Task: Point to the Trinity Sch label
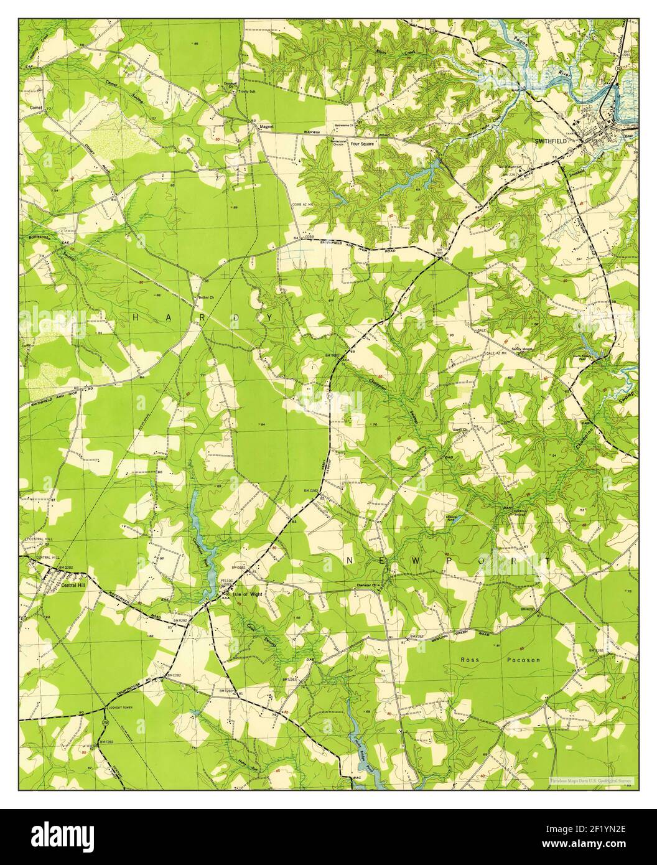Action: (239, 91)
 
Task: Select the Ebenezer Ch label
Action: (368, 584)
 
